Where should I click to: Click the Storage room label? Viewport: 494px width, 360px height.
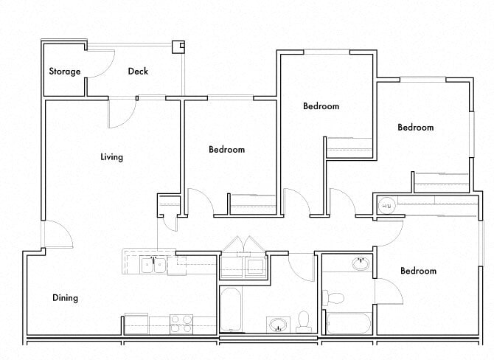coord(64,72)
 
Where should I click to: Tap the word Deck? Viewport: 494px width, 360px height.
coord(138,72)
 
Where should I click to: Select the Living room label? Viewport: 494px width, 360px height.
coord(112,157)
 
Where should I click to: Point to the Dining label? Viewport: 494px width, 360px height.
coord(65,298)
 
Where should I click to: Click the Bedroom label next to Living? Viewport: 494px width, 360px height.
coord(226,150)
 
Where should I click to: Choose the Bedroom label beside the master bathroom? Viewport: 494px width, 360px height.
coord(418,271)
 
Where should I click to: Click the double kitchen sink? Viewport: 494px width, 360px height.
coord(153,263)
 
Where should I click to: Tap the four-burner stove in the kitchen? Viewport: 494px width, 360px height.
coord(181,323)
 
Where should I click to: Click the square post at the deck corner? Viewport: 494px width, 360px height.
coord(178,46)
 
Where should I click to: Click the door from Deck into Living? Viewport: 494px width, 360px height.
coord(121,112)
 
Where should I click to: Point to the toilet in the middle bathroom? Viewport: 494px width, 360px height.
coord(303,321)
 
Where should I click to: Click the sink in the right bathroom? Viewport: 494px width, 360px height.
coord(360,263)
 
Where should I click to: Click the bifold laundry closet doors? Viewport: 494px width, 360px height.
coord(244,245)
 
